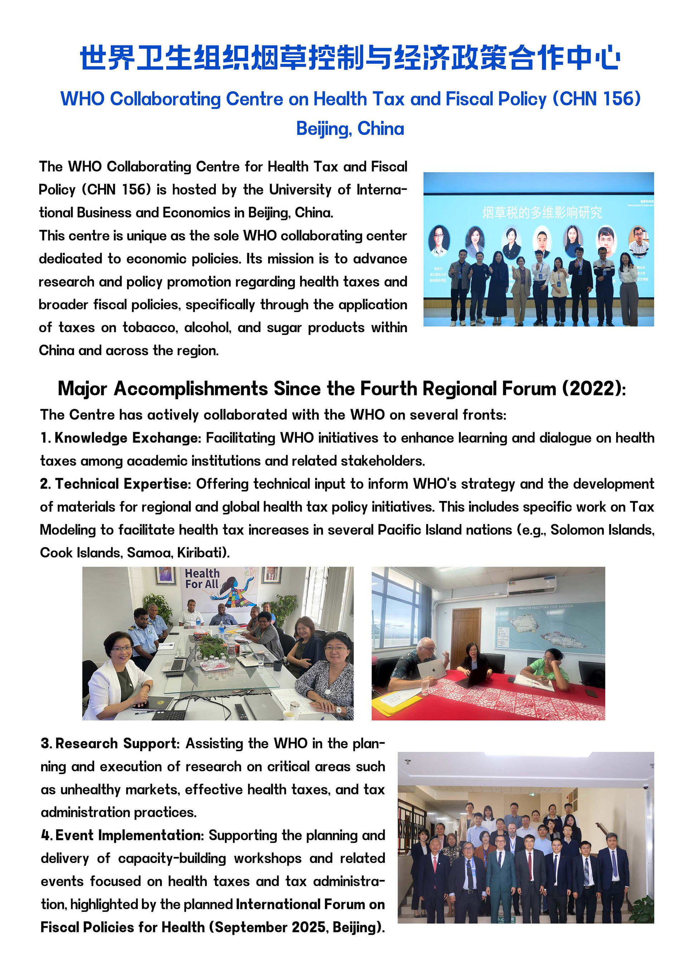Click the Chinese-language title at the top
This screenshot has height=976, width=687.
350,57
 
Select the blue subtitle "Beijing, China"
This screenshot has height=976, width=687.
350,128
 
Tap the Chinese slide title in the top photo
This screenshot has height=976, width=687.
542,212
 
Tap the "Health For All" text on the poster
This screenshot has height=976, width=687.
202,578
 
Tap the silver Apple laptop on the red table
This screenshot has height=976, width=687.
432,668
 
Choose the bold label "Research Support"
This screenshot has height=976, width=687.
116,744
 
